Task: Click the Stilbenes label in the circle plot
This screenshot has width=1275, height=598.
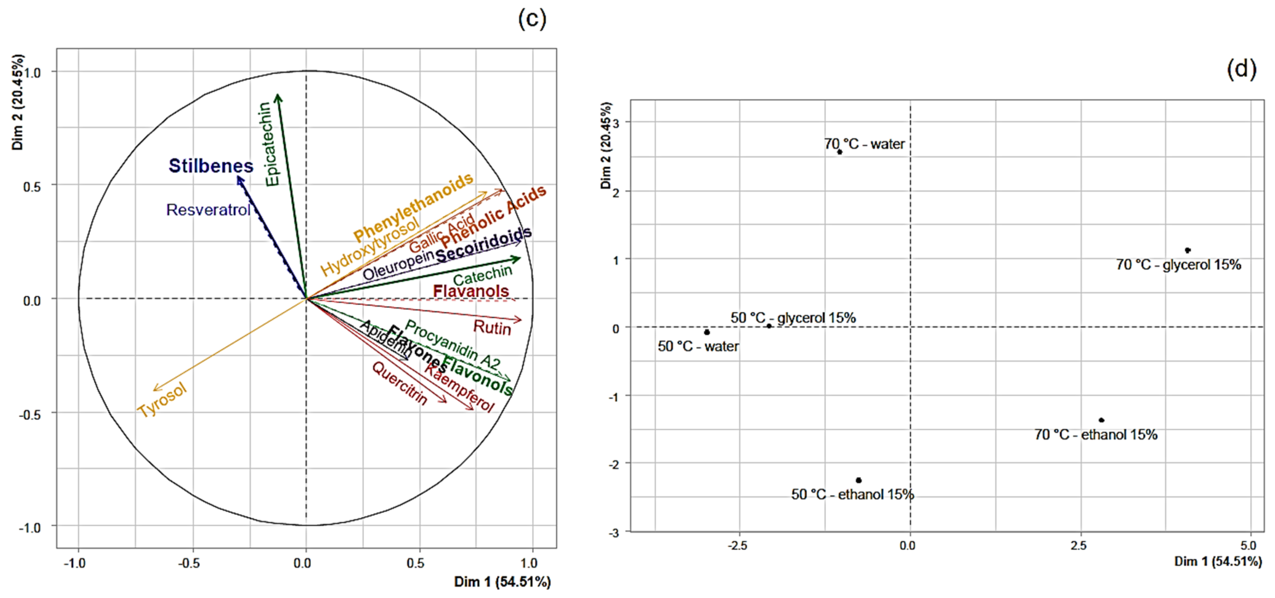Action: click(211, 165)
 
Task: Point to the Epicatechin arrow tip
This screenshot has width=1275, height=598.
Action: click(278, 96)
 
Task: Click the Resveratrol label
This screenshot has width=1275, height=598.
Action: click(208, 210)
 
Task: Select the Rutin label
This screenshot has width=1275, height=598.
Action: click(492, 328)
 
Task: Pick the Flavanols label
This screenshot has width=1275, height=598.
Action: click(471, 291)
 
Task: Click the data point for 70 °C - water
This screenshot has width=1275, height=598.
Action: click(839, 152)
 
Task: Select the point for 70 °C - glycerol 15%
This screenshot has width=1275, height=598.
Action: click(1187, 250)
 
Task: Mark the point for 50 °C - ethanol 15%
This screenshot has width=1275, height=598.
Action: click(859, 480)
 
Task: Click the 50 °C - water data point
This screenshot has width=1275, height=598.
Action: click(707, 332)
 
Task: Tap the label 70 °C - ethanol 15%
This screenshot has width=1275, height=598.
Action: click(1096, 434)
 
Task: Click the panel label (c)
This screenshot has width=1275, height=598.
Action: click(532, 19)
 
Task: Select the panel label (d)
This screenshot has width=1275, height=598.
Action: click(1241, 68)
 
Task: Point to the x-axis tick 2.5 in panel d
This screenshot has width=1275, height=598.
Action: click(1079, 546)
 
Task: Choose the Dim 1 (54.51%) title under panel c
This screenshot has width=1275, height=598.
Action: click(502, 582)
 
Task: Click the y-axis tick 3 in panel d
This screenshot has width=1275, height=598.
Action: click(616, 122)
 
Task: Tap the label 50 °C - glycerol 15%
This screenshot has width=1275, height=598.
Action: click(793, 318)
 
